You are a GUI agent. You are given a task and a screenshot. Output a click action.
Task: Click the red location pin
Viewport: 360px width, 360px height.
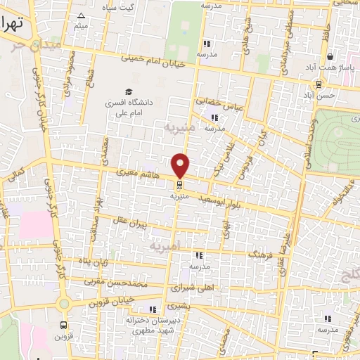pyautogui.click(x=181, y=165)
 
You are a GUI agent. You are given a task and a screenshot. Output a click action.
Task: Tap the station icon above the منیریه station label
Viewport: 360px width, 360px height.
pyautogui.click(x=181, y=185)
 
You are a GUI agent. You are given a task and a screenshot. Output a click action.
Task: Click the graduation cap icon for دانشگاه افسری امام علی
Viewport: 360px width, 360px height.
pyautogui.click(x=128, y=91)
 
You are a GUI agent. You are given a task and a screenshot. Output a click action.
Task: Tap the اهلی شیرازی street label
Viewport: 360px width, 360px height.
pyautogui.click(x=191, y=288)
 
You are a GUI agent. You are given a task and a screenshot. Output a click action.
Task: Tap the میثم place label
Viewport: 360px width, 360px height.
pyautogui.click(x=82, y=27)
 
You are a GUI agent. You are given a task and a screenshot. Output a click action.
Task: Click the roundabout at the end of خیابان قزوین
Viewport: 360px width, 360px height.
pyautogui.click(x=64, y=303)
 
